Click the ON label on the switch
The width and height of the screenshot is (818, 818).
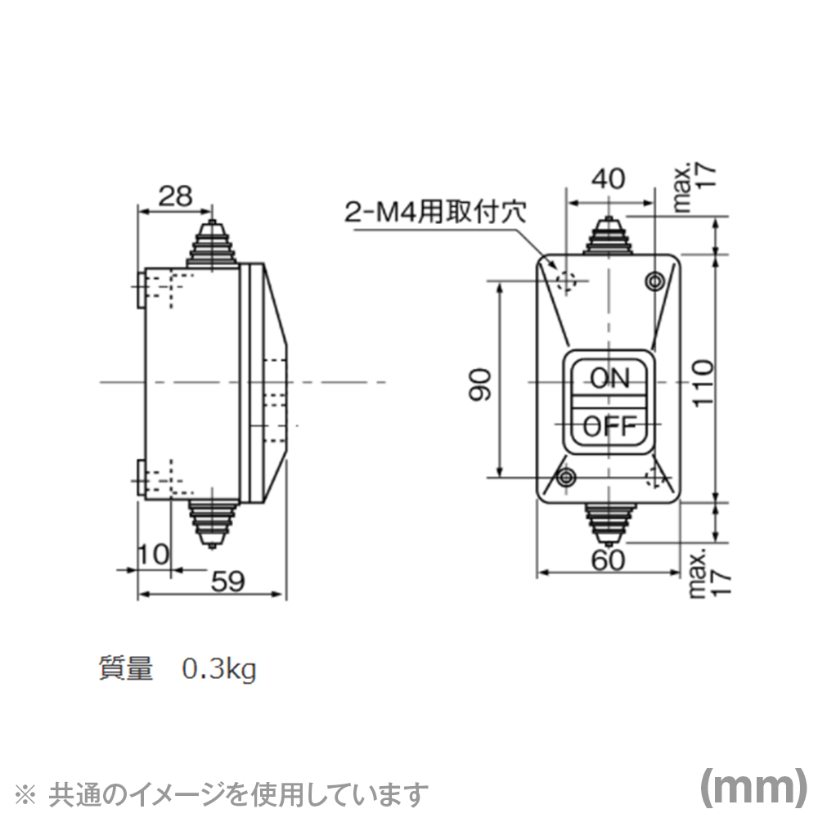tap(609, 378)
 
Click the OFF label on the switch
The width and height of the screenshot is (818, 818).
tap(609, 425)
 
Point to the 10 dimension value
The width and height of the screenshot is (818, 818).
tap(152, 554)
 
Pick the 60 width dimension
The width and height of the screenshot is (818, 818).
tap(607, 560)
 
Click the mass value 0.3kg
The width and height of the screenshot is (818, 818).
tap(218, 670)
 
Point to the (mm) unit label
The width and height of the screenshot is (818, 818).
tap(753, 787)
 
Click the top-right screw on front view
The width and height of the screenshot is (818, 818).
tap(654, 281)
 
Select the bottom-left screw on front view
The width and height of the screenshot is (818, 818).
tap(565, 477)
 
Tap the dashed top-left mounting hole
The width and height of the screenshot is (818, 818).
tap(565, 281)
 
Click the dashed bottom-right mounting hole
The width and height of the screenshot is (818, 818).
tap(654, 477)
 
